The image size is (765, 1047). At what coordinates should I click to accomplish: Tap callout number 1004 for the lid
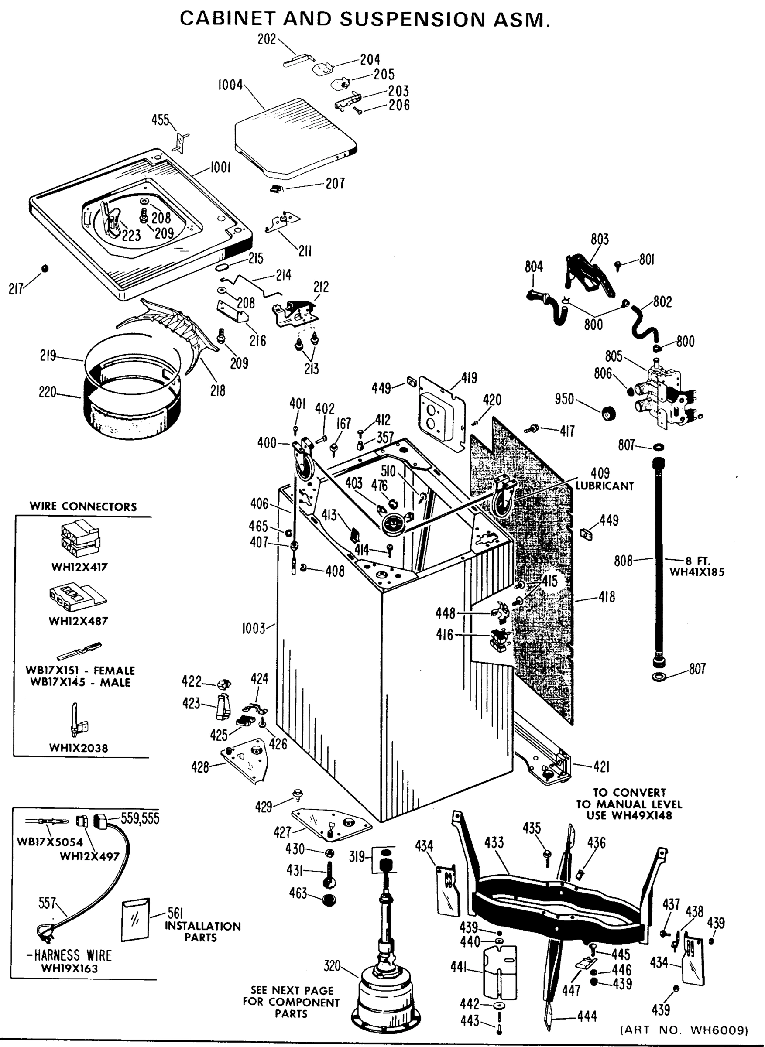(x=230, y=85)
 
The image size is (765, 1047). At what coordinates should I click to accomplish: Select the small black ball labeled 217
(x=45, y=268)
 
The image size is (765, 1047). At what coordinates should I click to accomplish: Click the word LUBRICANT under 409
(x=604, y=486)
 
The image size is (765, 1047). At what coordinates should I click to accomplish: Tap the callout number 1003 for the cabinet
(x=253, y=628)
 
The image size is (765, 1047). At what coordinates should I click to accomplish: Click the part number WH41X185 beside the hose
(x=696, y=572)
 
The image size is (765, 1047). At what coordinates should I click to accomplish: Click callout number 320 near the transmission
(x=332, y=965)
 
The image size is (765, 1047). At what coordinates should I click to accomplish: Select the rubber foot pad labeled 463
(x=329, y=900)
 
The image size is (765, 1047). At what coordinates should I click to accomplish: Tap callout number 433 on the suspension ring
(x=494, y=842)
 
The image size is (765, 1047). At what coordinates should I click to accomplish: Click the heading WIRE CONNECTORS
(x=83, y=506)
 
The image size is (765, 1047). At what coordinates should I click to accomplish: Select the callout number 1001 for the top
(x=220, y=168)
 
